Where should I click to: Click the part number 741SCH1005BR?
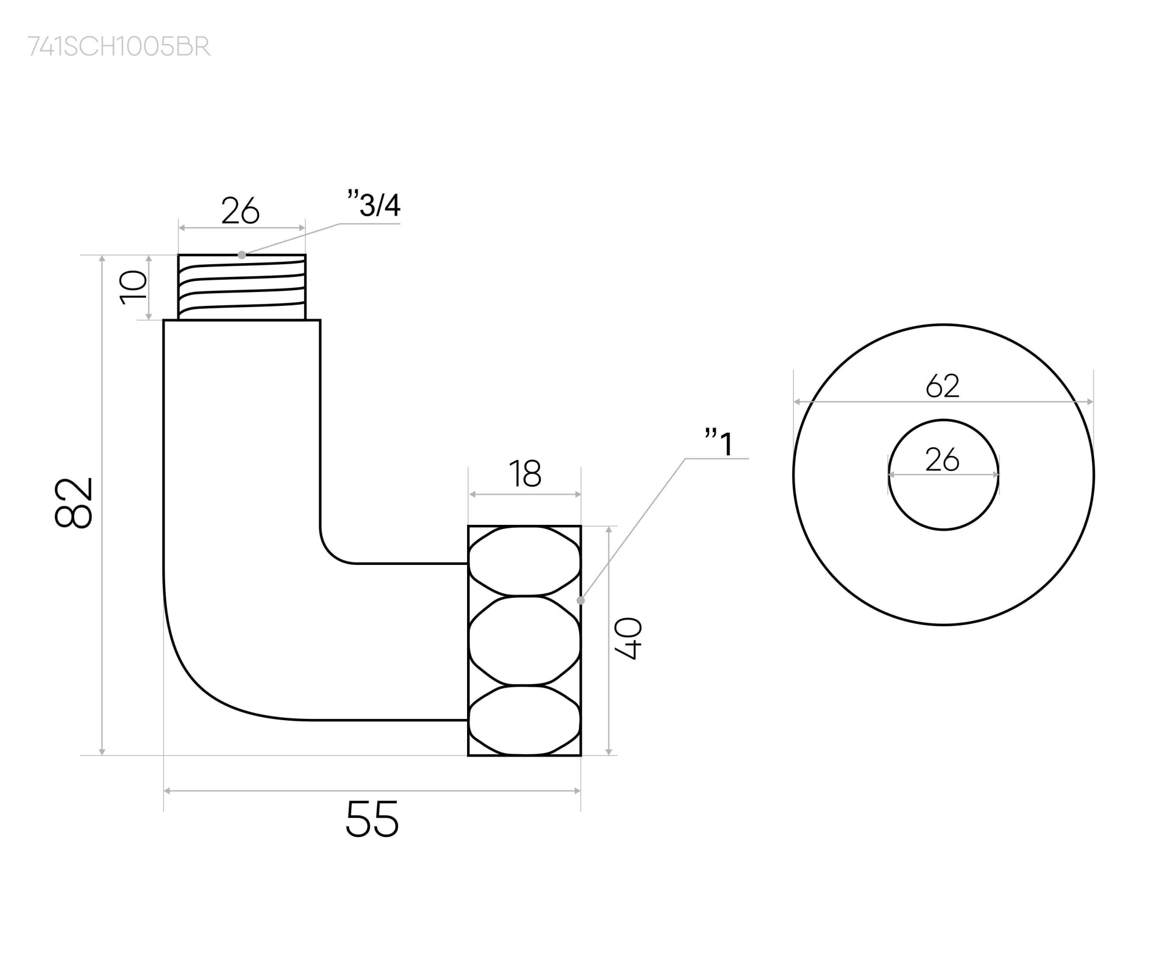tap(119, 47)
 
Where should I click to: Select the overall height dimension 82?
tap(74, 502)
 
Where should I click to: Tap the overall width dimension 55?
tap(372, 819)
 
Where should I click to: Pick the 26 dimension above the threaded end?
tap(240, 211)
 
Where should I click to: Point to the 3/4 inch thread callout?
tap(374, 205)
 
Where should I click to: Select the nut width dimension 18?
tap(525, 474)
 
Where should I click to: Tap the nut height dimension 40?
tap(628, 638)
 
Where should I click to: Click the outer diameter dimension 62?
tap(943, 386)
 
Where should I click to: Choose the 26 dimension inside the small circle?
tap(943, 460)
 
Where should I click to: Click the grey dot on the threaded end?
tap(242, 255)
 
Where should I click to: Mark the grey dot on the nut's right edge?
tap(581, 600)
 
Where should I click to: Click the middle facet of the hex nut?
tap(524, 641)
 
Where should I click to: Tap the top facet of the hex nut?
tap(524, 561)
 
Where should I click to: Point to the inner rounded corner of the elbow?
tap(333, 550)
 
